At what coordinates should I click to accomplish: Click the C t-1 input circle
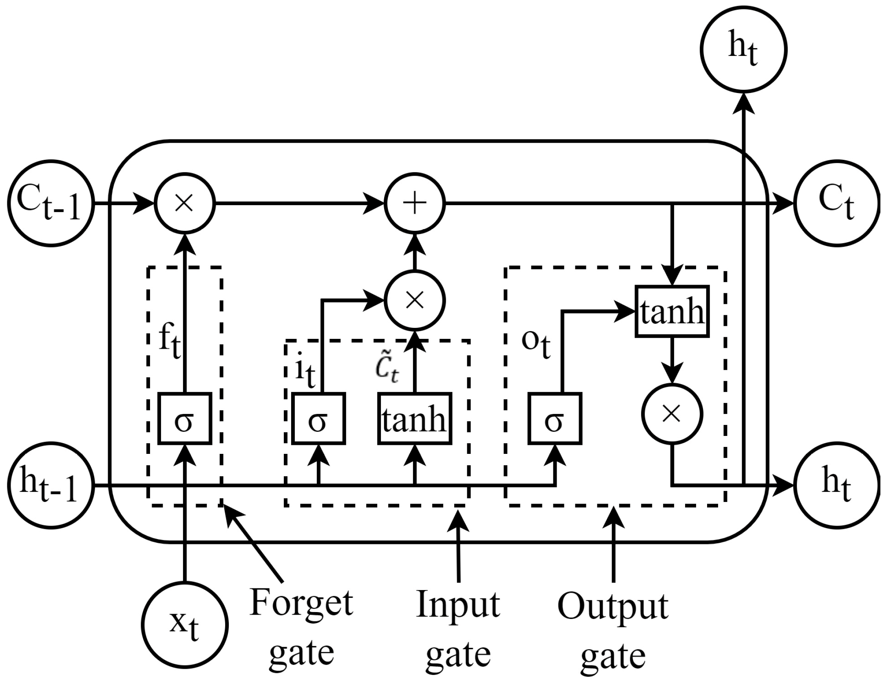coord(51,203)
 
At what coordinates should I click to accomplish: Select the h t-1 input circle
coord(51,486)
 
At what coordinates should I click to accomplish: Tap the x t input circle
coord(185,624)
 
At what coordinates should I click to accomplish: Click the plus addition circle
coord(415,203)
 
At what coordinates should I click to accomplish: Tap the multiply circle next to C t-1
coord(184,203)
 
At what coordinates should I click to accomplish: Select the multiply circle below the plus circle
coord(415,301)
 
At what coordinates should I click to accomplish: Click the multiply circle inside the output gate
coord(672,414)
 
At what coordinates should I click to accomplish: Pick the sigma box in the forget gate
coord(184,418)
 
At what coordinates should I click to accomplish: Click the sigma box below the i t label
coord(318,418)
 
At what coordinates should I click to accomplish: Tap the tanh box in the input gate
coord(415,418)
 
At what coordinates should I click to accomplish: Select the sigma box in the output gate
coord(555,418)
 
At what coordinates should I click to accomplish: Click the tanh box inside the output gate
coord(672,312)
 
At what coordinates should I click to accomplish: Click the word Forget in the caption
coord(301,604)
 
